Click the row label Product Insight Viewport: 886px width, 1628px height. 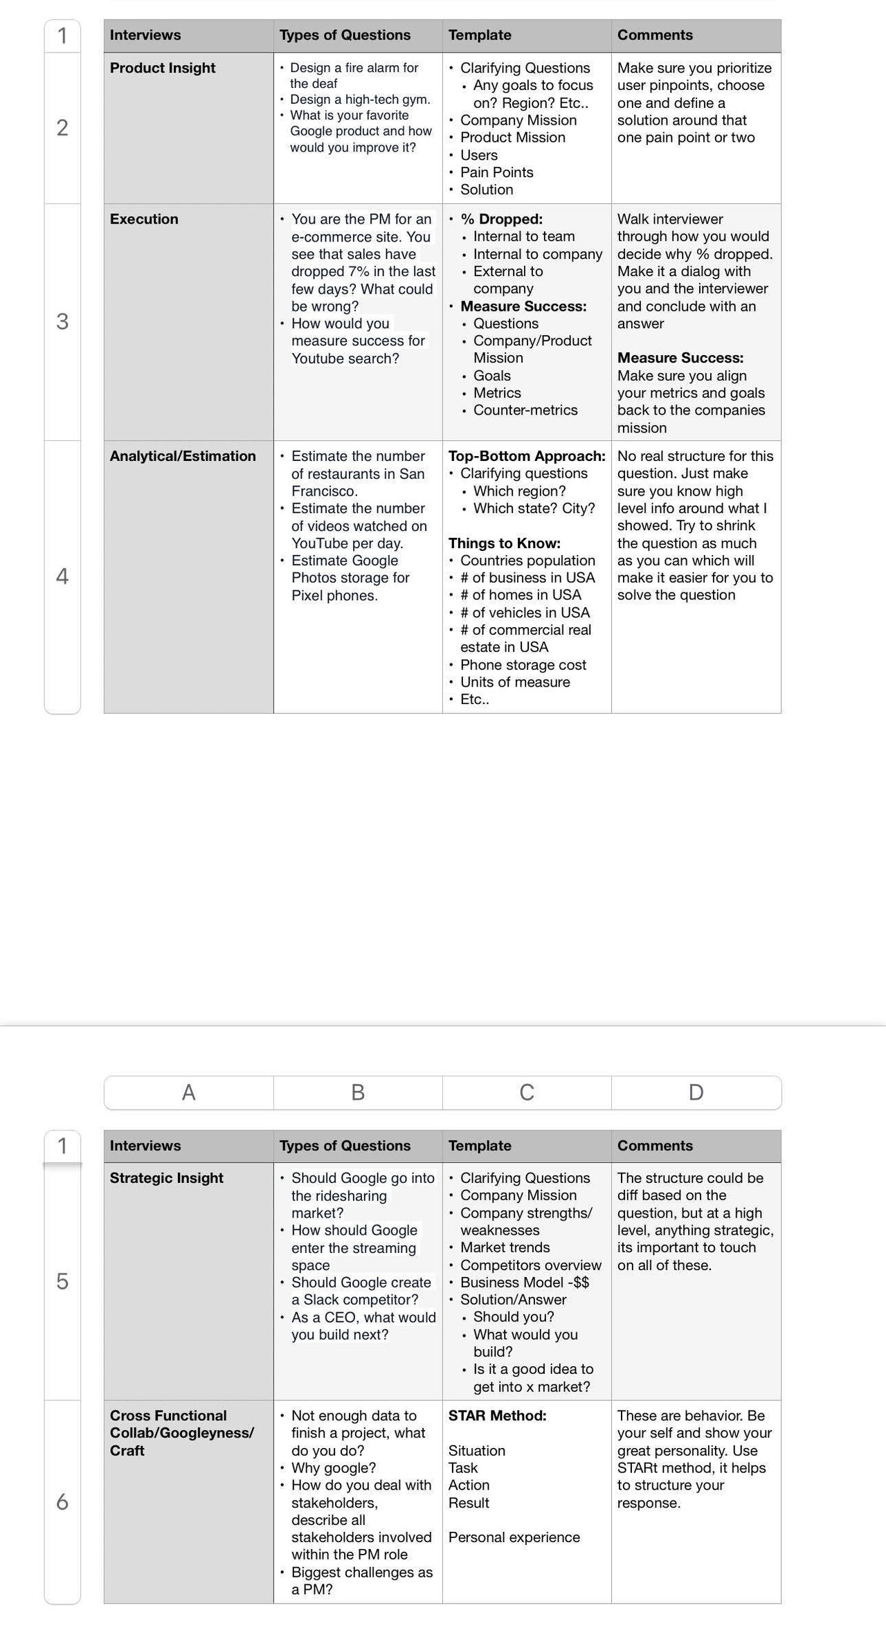(x=163, y=68)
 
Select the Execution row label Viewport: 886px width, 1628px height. (x=144, y=219)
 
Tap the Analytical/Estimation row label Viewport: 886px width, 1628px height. (x=183, y=456)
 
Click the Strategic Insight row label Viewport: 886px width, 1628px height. (x=166, y=1178)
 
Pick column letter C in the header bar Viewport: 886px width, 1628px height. (x=527, y=1093)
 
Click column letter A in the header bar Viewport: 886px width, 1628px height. (x=188, y=1093)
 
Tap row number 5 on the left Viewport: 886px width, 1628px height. (x=62, y=1281)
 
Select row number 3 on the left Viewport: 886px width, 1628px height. (x=62, y=322)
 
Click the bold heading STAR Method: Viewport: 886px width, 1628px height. (x=497, y=1416)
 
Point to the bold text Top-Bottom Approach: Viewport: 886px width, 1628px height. (x=527, y=456)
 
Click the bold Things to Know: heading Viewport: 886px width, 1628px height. (x=504, y=543)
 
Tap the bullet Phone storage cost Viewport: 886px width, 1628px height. (x=523, y=664)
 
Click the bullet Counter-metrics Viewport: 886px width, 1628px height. (x=525, y=410)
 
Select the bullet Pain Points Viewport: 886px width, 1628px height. (x=496, y=172)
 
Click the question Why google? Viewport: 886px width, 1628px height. (x=333, y=1467)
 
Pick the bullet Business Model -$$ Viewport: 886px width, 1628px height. (x=524, y=1282)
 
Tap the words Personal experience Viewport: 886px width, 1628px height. (x=514, y=1537)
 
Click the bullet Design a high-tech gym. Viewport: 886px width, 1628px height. (x=359, y=100)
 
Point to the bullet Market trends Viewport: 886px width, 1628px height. (x=505, y=1247)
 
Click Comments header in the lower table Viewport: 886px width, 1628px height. (x=655, y=1146)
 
